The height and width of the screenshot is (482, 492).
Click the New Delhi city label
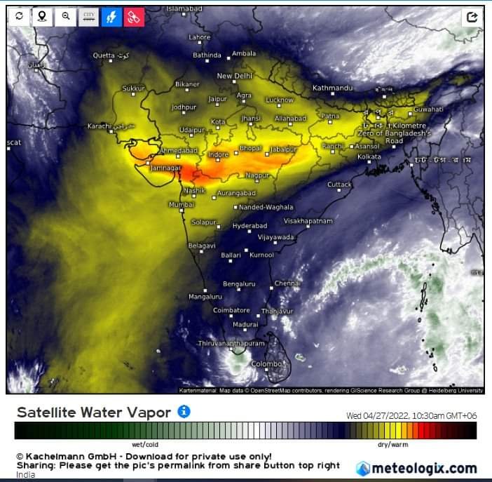(x=234, y=76)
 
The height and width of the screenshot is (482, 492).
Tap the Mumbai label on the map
(x=181, y=204)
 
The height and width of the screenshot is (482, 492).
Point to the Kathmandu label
(x=332, y=88)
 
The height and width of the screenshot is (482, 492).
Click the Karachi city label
(x=99, y=126)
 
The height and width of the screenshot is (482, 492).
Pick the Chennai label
(x=287, y=283)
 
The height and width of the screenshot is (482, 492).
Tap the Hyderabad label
(x=250, y=226)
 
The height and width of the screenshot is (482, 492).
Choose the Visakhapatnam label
(x=308, y=220)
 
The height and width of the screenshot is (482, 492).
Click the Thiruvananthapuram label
(x=231, y=343)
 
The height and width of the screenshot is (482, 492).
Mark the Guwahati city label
(x=429, y=109)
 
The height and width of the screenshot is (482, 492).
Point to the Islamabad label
(x=184, y=8)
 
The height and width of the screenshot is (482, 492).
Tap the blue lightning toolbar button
(x=111, y=17)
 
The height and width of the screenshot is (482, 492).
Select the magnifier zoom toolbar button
(x=66, y=17)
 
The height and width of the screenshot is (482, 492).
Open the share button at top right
(x=472, y=17)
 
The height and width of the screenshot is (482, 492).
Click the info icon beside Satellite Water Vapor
(x=184, y=411)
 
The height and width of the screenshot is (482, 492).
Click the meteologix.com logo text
(x=424, y=468)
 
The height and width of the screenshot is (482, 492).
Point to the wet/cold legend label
(x=146, y=444)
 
